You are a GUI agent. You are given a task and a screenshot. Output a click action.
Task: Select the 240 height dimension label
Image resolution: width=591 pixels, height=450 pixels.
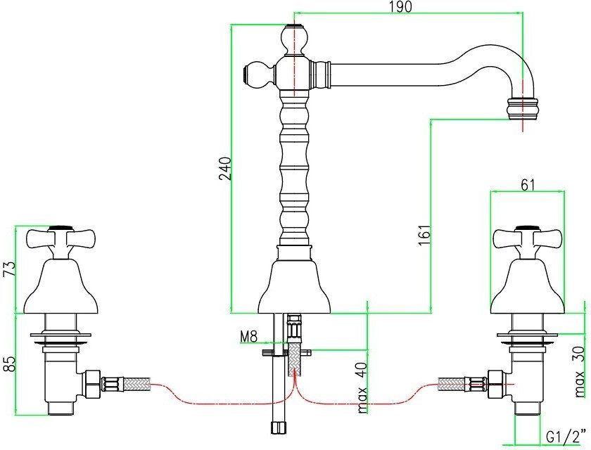point(225,168)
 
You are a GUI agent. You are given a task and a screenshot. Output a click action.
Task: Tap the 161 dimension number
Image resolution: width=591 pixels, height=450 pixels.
point(424,236)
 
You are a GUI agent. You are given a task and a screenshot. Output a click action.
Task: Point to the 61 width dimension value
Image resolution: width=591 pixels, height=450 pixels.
point(528,184)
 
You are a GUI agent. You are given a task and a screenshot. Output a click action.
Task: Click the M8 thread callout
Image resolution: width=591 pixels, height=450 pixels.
point(249,336)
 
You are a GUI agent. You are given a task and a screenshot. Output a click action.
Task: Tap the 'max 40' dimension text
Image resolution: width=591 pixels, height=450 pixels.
point(362,388)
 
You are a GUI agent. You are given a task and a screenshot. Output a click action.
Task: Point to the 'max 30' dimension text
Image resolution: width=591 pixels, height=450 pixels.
point(581,372)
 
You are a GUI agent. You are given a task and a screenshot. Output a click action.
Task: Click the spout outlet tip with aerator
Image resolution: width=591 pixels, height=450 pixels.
point(522,108)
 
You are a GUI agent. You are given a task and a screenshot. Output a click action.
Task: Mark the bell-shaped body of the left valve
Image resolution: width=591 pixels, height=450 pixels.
point(61,286)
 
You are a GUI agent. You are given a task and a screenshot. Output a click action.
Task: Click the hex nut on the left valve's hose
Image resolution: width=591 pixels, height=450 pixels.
point(93,384)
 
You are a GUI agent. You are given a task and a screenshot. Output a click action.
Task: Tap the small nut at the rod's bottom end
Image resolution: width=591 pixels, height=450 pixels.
point(279,427)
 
